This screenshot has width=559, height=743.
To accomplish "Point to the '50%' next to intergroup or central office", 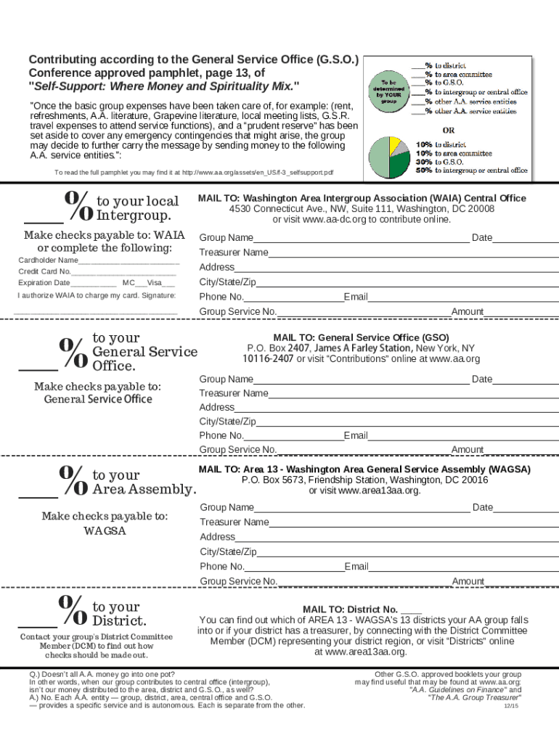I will point(424,171).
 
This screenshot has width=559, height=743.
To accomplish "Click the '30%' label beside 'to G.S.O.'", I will point(424,162).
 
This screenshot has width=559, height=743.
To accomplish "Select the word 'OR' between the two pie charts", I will point(449,131).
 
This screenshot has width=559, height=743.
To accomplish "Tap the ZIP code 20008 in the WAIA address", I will point(481,208).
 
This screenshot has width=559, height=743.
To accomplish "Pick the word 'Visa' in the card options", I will point(155,283).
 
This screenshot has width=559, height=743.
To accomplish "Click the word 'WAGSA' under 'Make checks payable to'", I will point(105,531).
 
